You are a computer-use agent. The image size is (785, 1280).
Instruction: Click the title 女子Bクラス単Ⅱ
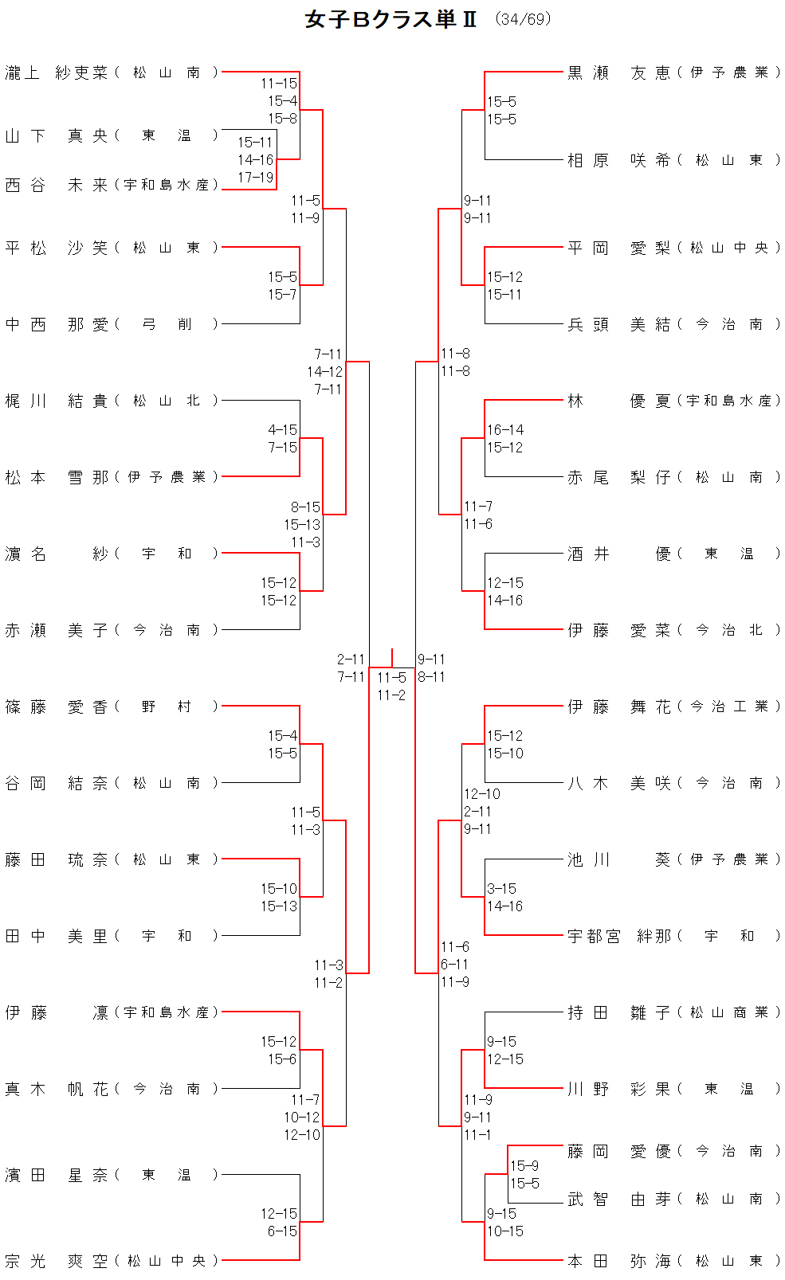point(391,20)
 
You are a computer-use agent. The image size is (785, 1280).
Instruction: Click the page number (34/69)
point(523,19)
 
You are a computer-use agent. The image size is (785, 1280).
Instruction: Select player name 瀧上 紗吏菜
point(56,72)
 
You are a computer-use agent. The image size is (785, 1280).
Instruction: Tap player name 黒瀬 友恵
point(618,72)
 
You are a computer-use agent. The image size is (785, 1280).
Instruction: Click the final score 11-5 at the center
point(391,678)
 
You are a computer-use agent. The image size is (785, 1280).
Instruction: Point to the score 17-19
point(255,178)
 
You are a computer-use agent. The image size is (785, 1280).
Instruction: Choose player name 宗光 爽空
point(56,1261)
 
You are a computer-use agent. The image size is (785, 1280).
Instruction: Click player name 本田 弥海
point(618,1261)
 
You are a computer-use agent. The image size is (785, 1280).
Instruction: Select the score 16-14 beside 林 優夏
point(505,430)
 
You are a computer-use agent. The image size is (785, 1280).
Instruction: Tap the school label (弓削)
point(167,324)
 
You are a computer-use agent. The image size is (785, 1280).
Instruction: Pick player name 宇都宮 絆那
point(618,936)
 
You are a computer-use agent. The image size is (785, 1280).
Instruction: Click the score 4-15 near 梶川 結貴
point(282,430)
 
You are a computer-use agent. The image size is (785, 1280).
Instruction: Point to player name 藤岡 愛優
point(618,1151)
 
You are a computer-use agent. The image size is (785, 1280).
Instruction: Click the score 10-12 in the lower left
point(302,1118)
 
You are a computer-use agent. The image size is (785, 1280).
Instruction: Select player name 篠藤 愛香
point(56,707)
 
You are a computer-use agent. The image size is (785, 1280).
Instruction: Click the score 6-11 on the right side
point(454,965)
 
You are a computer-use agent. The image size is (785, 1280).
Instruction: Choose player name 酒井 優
point(618,554)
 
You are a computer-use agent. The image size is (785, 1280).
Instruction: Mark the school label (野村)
point(167,707)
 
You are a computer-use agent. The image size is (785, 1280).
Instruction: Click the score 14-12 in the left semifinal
point(325,372)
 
